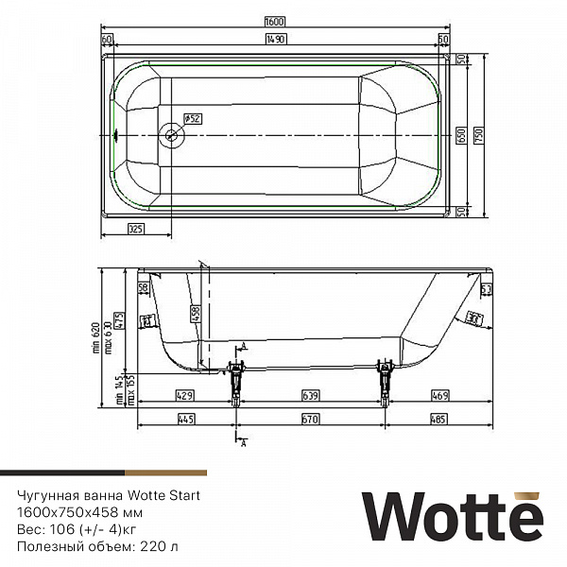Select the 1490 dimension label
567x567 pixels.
click(276, 38)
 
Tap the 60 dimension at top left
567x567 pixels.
click(107, 38)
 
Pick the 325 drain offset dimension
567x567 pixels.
click(136, 229)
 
